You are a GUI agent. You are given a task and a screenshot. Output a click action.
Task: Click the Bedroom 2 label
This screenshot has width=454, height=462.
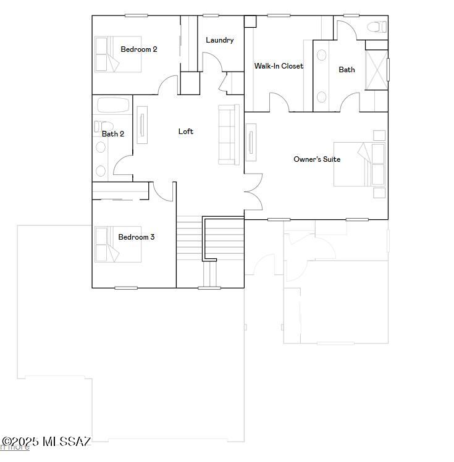(x=138, y=49)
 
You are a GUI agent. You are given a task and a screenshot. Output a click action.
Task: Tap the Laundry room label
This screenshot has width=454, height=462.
(x=219, y=40)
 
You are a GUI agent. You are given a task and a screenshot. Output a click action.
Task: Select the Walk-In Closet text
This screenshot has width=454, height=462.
(x=279, y=66)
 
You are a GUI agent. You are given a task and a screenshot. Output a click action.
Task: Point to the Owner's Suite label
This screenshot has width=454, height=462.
(x=316, y=159)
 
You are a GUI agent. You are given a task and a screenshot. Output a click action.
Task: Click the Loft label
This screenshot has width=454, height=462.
(x=185, y=131)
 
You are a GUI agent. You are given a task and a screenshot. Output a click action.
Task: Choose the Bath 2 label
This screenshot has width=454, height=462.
(x=113, y=134)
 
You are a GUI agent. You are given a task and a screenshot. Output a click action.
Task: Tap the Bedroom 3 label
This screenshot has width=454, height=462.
(x=136, y=237)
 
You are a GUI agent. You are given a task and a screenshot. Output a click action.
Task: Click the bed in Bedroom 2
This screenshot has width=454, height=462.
(x=107, y=54)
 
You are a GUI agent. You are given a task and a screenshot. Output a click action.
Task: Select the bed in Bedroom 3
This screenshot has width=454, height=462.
(x=107, y=244)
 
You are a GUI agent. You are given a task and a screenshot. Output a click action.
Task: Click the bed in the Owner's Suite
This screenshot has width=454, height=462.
(x=360, y=164)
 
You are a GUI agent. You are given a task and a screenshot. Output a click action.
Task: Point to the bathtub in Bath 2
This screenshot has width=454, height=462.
(x=113, y=106)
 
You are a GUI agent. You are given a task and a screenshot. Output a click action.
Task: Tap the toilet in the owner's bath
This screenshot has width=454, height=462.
(x=374, y=27)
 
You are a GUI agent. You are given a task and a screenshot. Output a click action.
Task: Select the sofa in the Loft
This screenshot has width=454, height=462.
(x=229, y=135)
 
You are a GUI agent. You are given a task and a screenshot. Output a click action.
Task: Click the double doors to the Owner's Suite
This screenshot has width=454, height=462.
(x=253, y=191)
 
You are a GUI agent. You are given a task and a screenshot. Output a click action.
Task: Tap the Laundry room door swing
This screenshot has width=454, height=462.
(x=212, y=61)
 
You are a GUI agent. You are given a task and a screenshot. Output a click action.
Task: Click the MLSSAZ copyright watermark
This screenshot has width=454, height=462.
(x=46, y=442)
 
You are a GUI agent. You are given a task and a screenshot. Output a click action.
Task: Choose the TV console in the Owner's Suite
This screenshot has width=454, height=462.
(x=251, y=143)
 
